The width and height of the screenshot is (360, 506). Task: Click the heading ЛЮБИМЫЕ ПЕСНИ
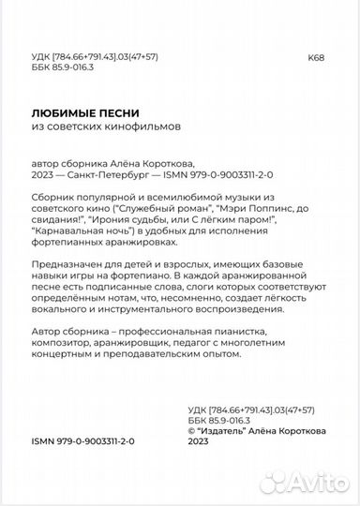pyautogui.click(x=82, y=114)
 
